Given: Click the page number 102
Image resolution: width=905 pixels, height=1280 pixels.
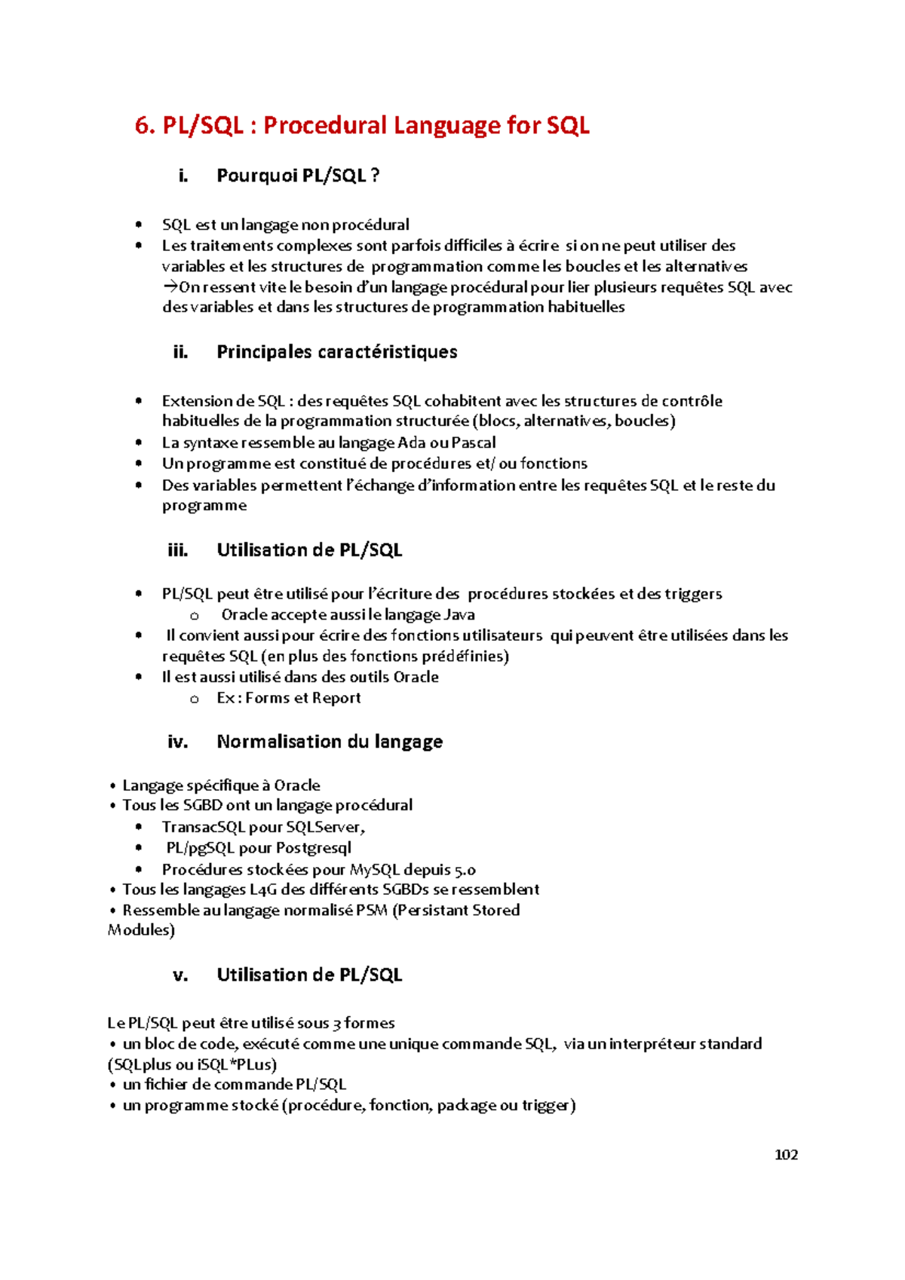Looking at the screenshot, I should pos(786,1155).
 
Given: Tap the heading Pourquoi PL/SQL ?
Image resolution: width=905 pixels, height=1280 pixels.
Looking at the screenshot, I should pos(298,176).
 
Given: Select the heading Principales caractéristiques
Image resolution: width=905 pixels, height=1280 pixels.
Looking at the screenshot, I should pos(336,352).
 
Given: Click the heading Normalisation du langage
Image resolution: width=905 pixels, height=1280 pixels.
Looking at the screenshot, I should pos(330,742).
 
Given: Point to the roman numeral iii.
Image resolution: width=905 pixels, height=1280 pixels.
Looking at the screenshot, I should pos(178,550).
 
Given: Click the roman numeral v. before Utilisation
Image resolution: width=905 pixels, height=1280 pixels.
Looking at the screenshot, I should pos(180,975).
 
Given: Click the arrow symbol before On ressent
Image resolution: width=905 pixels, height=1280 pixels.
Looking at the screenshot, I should pos(170,286).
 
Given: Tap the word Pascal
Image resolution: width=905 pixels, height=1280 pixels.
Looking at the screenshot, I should pos(474,442).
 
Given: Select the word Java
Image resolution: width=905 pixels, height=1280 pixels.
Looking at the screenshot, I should pos(459,615).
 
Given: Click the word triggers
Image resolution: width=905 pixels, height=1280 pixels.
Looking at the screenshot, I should pos(693,594).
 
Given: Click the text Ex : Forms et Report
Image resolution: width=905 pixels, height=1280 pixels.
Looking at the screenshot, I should pos(289,698).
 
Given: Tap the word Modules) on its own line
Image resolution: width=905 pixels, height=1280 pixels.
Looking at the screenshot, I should pos(141,930).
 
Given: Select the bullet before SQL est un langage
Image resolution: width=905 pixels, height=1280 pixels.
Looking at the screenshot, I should pos(138,224).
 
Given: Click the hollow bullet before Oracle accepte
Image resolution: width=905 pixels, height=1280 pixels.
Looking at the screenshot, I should pos(195,616).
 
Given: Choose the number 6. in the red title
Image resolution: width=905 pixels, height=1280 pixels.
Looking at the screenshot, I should pos(144,125).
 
